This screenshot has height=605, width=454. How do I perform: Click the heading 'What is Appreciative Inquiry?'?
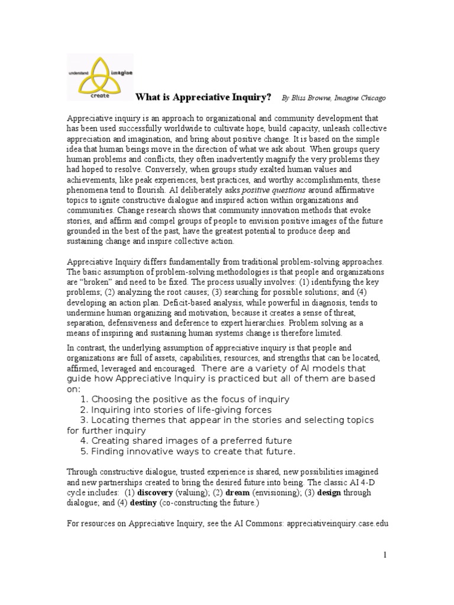(204, 97)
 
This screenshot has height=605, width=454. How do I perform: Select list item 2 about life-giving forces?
(176, 409)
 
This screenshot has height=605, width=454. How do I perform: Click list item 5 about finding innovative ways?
(187, 451)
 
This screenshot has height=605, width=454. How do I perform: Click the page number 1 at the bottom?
(385, 555)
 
